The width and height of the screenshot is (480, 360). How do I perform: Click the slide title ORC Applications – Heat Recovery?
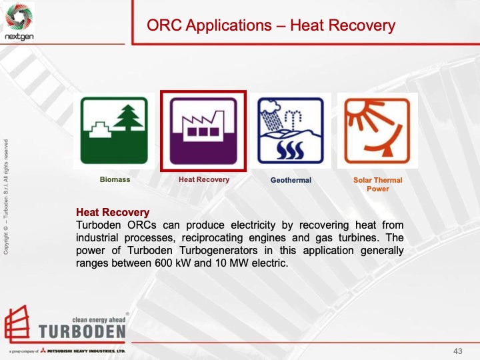tap(271, 25)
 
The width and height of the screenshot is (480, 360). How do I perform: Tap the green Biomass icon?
tap(115, 130)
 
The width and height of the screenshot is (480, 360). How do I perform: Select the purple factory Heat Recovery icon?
tap(203, 131)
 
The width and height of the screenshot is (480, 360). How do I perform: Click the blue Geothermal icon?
tap(291, 131)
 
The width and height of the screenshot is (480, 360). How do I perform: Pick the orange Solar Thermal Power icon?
tap(377, 131)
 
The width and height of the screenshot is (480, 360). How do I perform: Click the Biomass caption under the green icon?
tap(115, 180)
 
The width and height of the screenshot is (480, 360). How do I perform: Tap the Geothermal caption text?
tap(291, 180)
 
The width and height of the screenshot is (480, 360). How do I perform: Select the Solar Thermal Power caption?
tap(377, 184)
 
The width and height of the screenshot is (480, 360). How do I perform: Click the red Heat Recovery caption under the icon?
tap(203, 179)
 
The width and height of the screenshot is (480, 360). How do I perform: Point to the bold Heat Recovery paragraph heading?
tap(113, 213)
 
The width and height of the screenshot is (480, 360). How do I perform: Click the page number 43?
tap(457, 351)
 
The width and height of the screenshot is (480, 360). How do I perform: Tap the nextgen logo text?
tap(19, 38)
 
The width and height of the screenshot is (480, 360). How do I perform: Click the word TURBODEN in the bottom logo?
tap(81, 331)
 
